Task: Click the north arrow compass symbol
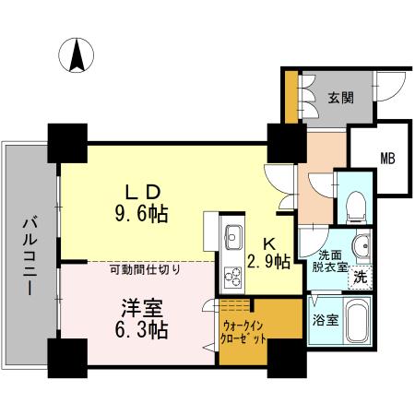(x=77, y=55)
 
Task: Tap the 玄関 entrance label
(x=340, y=98)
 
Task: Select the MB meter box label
(x=388, y=159)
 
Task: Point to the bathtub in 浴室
(x=359, y=321)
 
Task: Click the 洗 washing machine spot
(x=360, y=278)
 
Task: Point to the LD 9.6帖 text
(x=142, y=203)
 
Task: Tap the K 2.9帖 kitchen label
(x=269, y=253)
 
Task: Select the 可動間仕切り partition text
(x=145, y=269)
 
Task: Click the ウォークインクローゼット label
(x=243, y=331)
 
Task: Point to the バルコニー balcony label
(x=30, y=256)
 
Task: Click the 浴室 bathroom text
(x=326, y=320)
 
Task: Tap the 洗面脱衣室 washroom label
(x=330, y=261)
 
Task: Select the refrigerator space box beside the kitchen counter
(x=211, y=231)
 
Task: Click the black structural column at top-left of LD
(x=67, y=143)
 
